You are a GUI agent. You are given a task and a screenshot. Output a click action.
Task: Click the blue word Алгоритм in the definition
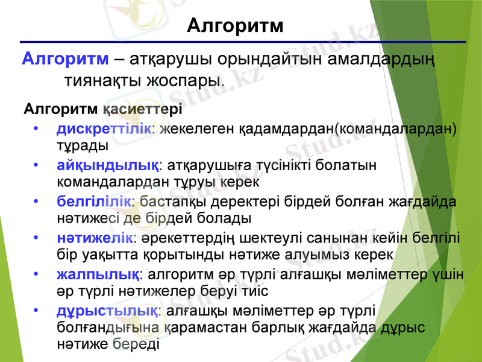[x=65, y=60]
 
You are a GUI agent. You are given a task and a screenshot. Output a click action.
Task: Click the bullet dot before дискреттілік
[x=37, y=129]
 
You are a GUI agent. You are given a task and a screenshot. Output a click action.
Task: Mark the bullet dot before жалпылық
[x=37, y=275]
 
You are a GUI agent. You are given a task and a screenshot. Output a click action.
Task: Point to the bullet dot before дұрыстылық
[x=37, y=311]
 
